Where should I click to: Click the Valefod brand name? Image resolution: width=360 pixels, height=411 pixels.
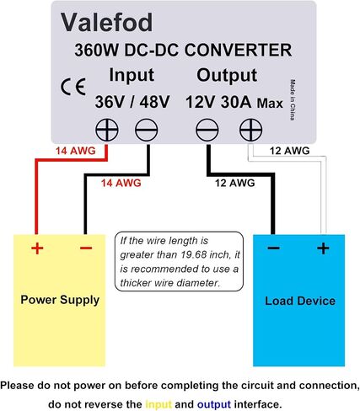point(107,22)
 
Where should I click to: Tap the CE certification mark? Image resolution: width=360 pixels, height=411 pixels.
point(73,87)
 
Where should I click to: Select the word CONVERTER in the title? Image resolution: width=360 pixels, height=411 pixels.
point(238,50)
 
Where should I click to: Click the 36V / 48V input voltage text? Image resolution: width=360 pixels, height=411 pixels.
point(132,102)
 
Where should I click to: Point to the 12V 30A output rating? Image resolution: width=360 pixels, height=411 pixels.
point(218,102)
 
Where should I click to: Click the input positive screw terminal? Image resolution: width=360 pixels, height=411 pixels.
point(107,130)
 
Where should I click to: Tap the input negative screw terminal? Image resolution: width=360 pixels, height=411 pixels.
point(147,130)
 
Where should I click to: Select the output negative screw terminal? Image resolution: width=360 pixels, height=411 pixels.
point(207,130)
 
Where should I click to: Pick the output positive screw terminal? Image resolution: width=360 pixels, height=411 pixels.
point(250,130)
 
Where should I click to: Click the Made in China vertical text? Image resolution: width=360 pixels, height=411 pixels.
point(293,100)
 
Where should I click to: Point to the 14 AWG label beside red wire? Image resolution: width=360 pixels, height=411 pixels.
point(76,151)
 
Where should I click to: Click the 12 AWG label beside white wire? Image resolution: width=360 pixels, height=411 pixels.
point(289,151)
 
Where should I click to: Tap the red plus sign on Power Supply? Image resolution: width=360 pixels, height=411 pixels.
point(37,248)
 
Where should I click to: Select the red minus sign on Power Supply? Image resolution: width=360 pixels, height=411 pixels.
point(86,248)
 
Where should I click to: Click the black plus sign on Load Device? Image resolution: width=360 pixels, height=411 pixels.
point(323,248)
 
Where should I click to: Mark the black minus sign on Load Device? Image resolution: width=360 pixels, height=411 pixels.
point(273,248)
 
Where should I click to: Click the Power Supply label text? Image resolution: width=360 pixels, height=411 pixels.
point(60,300)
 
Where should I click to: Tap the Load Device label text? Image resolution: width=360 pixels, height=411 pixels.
point(300,301)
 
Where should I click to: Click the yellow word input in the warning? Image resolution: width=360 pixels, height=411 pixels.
point(159,404)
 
